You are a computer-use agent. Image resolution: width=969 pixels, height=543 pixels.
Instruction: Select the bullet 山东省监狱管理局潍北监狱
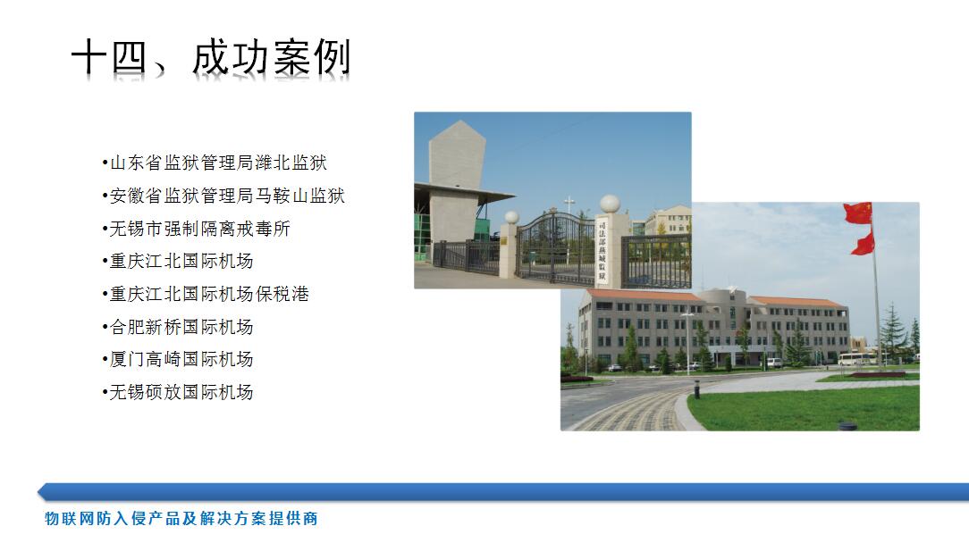click(215, 163)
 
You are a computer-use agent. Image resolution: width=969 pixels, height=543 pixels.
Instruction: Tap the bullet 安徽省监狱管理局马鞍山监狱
click(223, 196)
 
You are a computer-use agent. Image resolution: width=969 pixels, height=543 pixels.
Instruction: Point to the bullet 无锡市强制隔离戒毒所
click(197, 229)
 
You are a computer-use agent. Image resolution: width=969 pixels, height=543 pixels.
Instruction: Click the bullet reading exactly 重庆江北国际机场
click(178, 262)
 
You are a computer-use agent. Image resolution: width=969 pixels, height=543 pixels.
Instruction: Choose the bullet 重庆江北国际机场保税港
click(206, 294)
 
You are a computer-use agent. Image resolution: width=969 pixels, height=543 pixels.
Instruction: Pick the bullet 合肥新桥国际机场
click(178, 327)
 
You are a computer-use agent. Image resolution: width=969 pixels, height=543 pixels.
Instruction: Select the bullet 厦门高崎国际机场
click(178, 359)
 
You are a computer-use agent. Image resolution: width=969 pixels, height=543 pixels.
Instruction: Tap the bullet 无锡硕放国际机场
click(178, 392)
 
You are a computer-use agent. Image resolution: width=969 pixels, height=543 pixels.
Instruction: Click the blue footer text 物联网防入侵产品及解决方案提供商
click(181, 518)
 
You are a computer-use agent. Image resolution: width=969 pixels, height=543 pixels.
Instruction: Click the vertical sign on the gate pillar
click(602, 251)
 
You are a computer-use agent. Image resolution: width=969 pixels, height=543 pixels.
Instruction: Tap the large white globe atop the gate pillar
click(610, 204)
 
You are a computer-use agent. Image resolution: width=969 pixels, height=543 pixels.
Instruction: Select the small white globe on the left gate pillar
click(511, 217)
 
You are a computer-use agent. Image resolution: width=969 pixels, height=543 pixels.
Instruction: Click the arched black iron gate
click(556, 247)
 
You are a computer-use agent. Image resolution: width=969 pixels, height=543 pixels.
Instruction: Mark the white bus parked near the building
click(856, 359)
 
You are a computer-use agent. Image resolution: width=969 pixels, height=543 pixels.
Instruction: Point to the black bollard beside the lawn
click(697, 389)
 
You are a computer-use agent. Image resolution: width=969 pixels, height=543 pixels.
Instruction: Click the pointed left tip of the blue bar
click(38, 492)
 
